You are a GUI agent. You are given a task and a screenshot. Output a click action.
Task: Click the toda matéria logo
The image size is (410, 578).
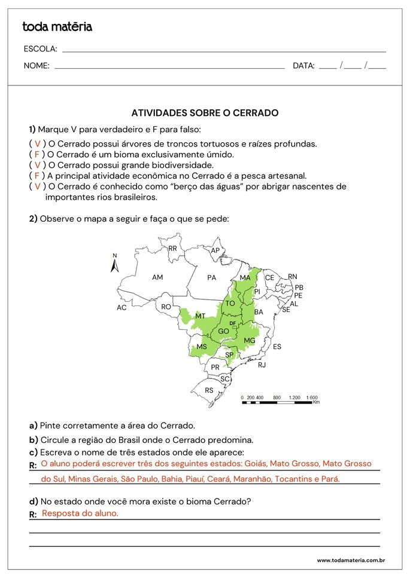57,27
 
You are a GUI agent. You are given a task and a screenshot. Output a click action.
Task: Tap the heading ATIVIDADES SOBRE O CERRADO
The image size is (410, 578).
205,113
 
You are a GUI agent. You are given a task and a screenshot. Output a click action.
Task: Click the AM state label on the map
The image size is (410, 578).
157,277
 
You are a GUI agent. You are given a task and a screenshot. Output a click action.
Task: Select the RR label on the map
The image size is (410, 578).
172,249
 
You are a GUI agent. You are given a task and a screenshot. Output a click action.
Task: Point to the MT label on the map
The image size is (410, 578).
201,316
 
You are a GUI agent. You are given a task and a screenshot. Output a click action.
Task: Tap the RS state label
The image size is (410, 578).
209,390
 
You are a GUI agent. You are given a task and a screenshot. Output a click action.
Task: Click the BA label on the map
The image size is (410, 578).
259,312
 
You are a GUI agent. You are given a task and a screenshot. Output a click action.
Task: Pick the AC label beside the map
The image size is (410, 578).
122,308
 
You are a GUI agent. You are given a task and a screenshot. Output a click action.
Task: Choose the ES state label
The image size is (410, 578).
277,347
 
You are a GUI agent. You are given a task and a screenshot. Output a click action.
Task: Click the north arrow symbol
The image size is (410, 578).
115,264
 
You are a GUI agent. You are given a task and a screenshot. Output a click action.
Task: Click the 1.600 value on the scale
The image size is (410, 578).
311,397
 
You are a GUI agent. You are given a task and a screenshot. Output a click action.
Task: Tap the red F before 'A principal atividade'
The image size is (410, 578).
37,176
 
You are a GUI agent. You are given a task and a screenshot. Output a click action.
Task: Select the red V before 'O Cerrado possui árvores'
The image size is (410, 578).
37,143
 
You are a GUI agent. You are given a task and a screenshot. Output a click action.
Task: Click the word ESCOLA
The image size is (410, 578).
40,49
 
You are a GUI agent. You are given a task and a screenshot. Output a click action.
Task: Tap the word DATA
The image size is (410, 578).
303,66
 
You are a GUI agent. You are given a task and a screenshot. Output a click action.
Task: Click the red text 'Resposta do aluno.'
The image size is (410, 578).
80,513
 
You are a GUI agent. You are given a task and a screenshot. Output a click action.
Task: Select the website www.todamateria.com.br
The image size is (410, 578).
350,560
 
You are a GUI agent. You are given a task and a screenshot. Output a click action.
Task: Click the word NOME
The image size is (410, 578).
37,66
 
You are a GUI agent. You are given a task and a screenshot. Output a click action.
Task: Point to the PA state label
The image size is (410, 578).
211,277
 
